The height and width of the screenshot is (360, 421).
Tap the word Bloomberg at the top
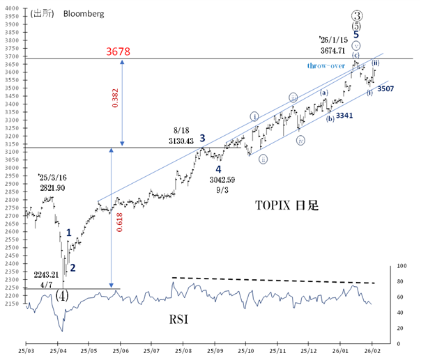tap(83, 13)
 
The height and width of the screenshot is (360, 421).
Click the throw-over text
tap(327, 66)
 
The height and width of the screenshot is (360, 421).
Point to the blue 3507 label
tap(388, 89)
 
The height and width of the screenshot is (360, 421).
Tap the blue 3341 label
tap(346, 116)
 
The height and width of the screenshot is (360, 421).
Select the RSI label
tap(180, 321)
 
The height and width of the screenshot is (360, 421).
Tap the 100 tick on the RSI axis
tap(401, 266)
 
